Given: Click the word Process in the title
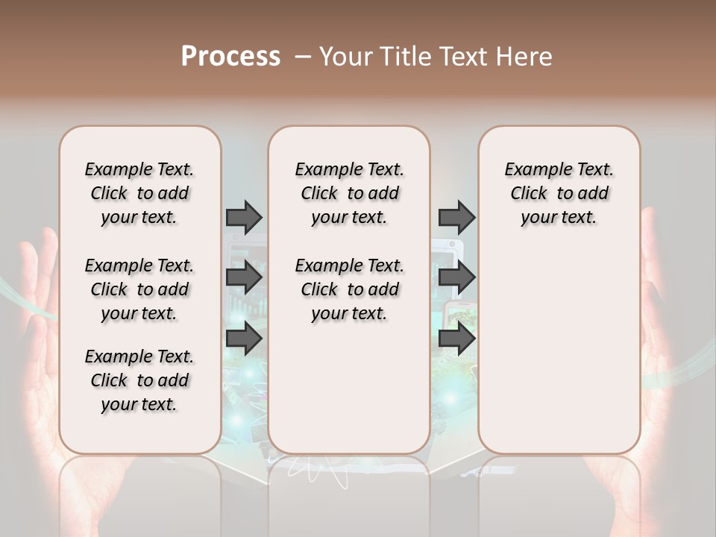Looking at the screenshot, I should (x=230, y=56).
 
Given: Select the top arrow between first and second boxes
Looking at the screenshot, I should (x=244, y=217).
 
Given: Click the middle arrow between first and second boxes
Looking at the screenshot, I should (x=244, y=277).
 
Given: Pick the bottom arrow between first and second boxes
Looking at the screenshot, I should (x=244, y=339).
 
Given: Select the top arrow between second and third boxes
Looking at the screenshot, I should (x=456, y=217).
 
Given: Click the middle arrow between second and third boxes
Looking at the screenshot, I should (x=456, y=277).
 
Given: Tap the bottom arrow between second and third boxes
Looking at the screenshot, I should (x=456, y=339).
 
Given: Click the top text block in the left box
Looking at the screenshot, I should (x=139, y=193).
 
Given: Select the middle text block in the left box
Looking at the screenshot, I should (x=139, y=289).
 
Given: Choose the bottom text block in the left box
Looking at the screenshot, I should (x=139, y=380).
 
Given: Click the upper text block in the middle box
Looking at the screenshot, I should (x=349, y=193).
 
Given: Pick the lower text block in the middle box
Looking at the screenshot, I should (x=349, y=289).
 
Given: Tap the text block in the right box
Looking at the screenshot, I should (x=559, y=193).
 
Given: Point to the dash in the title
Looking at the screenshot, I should (x=303, y=57).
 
